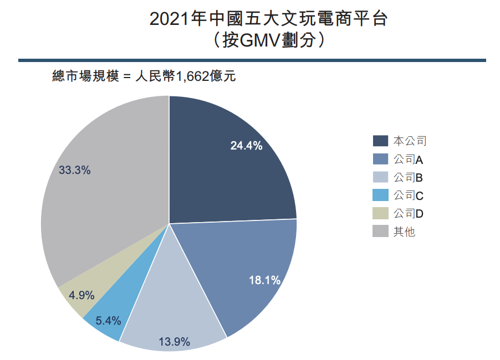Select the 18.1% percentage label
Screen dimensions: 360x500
coord(264,281)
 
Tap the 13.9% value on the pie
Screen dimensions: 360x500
coord(175,341)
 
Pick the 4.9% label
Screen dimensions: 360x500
coord(81,295)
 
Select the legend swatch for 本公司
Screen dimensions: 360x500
coord(380,141)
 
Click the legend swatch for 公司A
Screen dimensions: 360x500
coord(380,160)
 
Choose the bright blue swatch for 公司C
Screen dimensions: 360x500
coord(380,196)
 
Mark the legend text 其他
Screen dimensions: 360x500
coord(404,232)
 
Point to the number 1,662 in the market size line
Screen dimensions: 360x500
coord(192,76)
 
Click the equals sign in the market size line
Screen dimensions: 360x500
coord(125,77)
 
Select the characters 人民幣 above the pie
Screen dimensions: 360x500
coord(155,76)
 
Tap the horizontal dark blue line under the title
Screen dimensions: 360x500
coord(252,60)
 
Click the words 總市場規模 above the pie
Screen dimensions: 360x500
coord(85,76)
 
